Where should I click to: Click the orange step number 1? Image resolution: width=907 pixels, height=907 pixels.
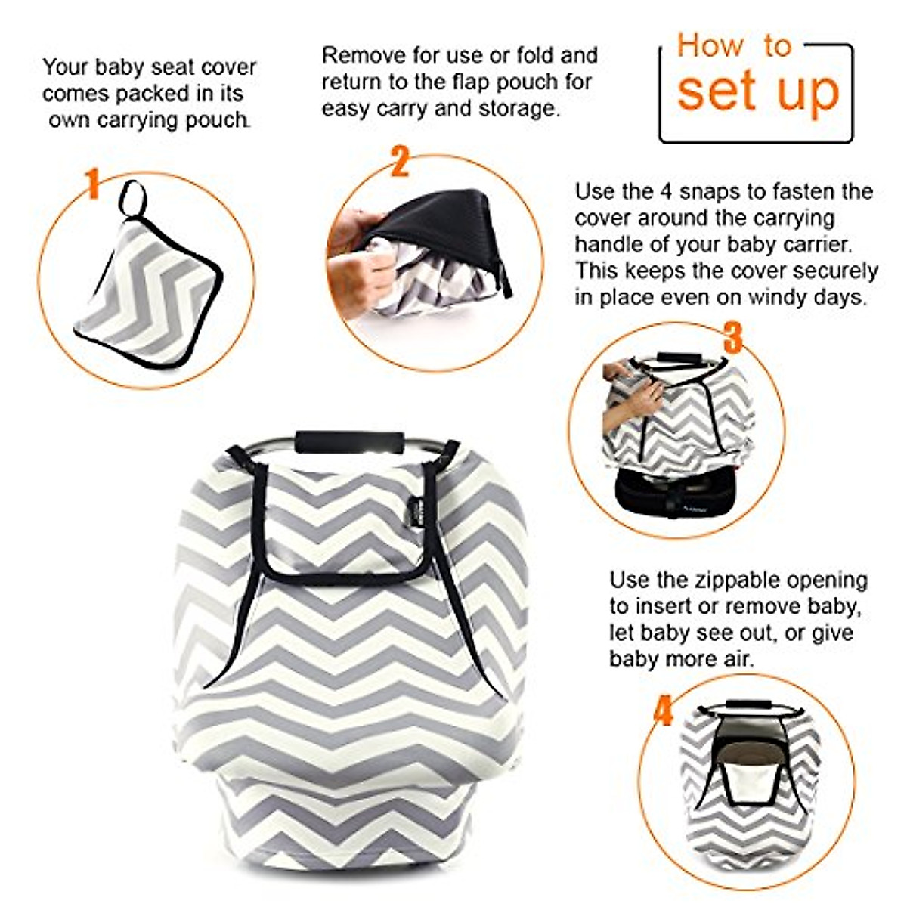[92, 184]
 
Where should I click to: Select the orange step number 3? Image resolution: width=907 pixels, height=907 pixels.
[732, 337]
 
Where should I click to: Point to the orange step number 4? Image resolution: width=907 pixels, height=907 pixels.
[663, 711]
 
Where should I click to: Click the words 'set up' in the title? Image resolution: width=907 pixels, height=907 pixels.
[757, 91]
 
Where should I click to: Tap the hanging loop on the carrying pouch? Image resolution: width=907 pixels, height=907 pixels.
[134, 197]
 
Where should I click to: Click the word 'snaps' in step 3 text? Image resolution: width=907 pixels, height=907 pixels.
[713, 191]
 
